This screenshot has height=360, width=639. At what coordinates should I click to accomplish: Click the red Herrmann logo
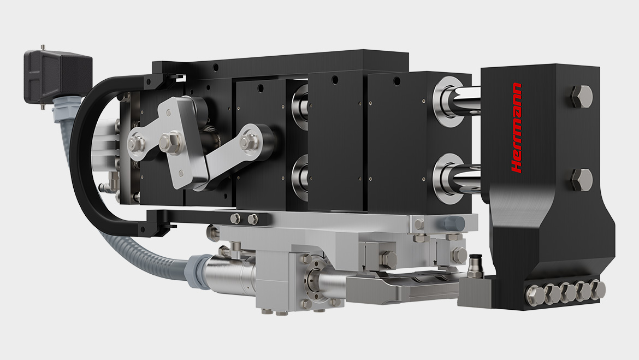tap(516, 128)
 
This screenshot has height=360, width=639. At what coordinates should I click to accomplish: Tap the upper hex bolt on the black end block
tap(581, 97)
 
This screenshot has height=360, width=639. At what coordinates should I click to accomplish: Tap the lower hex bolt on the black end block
tap(582, 180)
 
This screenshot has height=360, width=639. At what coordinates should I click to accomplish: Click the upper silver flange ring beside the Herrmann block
tap(447, 102)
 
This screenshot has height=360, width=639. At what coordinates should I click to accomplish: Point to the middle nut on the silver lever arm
tap(170, 142)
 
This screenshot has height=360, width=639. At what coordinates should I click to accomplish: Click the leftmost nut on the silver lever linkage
tap(137, 144)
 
